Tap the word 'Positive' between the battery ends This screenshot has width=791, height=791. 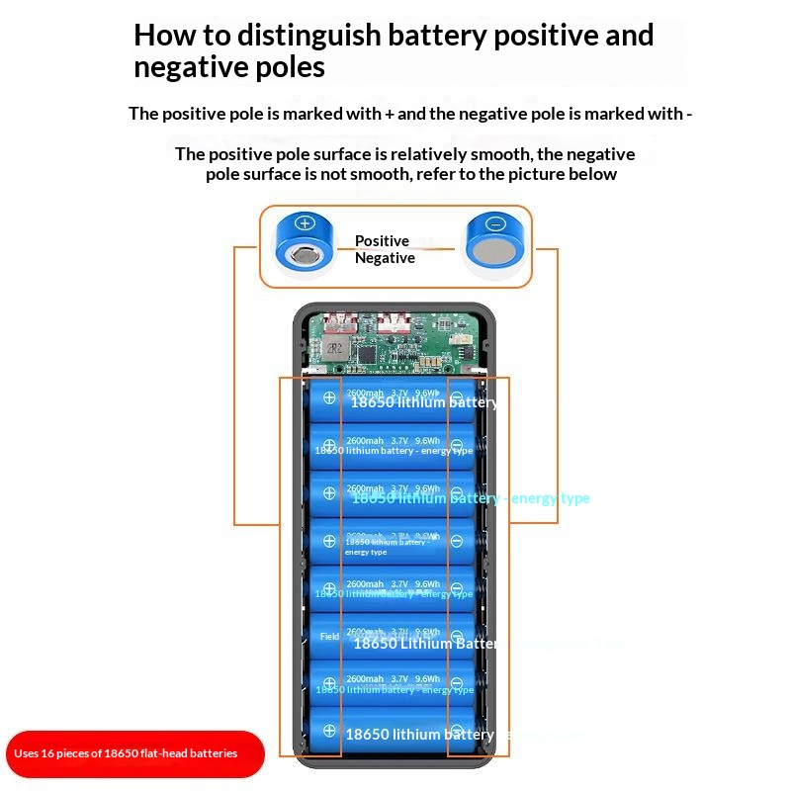(x=382, y=240)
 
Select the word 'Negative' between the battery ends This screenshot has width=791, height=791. (x=385, y=258)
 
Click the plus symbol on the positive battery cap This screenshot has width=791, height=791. (x=305, y=223)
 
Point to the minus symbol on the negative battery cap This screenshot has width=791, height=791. (x=496, y=223)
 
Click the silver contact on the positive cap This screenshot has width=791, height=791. (x=307, y=256)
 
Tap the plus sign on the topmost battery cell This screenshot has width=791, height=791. (x=329, y=397)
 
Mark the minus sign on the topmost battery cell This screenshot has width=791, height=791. (x=456, y=397)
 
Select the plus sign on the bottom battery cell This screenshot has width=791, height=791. (x=329, y=731)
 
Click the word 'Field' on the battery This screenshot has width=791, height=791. (x=329, y=637)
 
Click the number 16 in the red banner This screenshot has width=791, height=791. (x=46, y=753)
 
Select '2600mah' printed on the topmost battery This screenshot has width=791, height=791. (x=365, y=394)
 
